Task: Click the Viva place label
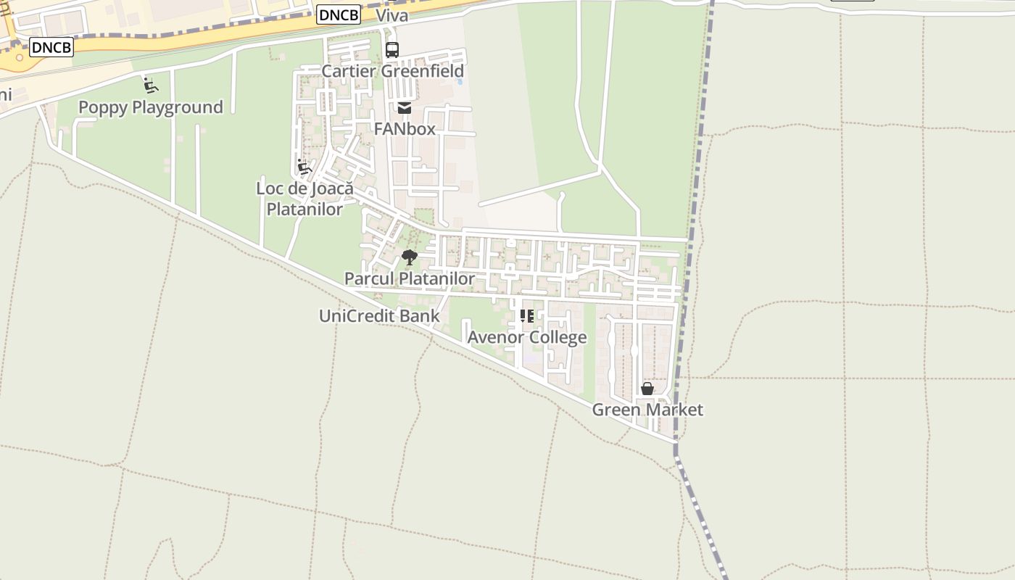click(x=391, y=15)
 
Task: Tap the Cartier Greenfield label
click(x=392, y=71)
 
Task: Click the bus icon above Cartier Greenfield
click(x=392, y=50)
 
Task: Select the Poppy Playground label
click(x=150, y=107)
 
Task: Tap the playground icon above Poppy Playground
click(x=151, y=86)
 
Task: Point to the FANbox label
click(x=405, y=129)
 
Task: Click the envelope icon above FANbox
click(x=405, y=108)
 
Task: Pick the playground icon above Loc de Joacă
click(x=304, y=167)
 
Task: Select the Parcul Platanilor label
click(x=410, y=278)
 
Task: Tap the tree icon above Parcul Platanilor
click(x=410, y=257)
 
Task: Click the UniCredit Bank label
click(x=379, y=315)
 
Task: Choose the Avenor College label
click(x=527, y=337)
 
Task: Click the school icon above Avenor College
click(x=527, y=316)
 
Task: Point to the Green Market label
click(x=647, y=410)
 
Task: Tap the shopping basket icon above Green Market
click(x=647, y=389)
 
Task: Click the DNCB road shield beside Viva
click(x=339, y=14)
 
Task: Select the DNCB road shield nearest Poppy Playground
click(x=51, y=47)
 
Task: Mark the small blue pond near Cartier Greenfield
click(x=460, y=81)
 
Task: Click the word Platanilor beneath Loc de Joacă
click(x=304, y=209)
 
